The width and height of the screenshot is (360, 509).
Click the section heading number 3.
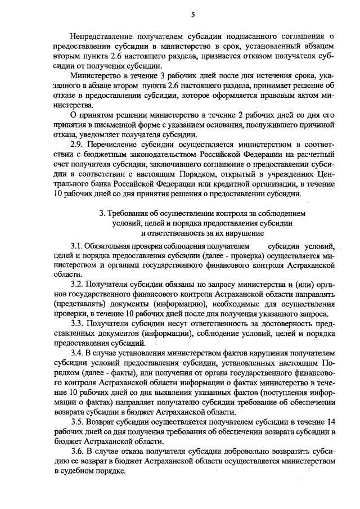click(x=101, y=214)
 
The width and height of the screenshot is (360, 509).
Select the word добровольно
click(x=246, y=451)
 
